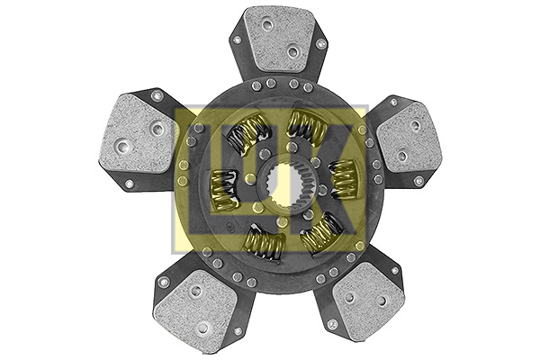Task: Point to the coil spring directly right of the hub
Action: (x=342, y=178)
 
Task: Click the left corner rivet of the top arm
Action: (x=236, y=41)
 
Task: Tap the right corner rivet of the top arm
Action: (x=320, y=42)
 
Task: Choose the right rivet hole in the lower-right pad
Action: (x=382, y=301)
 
